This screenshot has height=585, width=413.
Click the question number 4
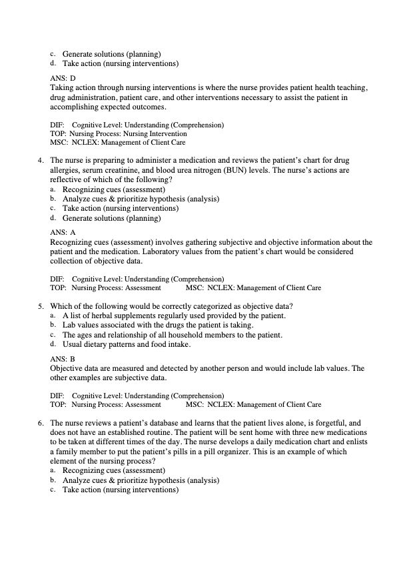tap(41, 161)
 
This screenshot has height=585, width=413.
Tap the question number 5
tap(41, 306)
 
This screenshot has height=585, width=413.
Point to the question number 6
tap(41, 423)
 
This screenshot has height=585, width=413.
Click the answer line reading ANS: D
tap(63, 79)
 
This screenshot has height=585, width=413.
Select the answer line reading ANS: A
tap(63, 233)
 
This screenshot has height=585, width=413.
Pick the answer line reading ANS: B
tap(63, 359)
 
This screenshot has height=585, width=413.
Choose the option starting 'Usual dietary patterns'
tap(127, 344)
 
